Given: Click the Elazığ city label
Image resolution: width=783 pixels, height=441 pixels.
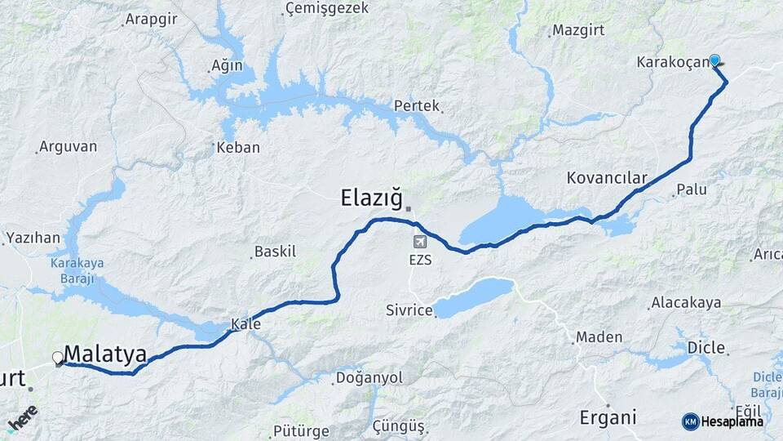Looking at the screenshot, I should point(371,197).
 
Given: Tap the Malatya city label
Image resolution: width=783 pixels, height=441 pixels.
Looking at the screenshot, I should point(105,354).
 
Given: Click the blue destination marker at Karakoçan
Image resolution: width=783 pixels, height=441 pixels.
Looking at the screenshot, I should point(714,60).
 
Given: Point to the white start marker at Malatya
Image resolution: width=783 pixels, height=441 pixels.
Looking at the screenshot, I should point(57,358).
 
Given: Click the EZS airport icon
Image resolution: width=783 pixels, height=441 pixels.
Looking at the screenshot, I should point(419,243).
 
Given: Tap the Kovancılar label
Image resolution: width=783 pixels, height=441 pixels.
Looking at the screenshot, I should point(606,178).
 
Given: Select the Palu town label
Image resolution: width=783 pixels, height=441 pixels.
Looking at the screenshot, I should point(692,190).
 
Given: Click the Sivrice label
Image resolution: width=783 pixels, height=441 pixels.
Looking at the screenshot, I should point(407,310).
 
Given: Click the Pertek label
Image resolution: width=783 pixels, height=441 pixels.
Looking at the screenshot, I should point(417,105).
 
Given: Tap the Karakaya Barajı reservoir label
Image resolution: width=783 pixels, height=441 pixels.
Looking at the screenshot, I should point(72,271).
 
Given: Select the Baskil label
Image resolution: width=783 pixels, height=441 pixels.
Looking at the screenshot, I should point(276,252).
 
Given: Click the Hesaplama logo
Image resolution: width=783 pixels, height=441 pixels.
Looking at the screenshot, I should point(723,421).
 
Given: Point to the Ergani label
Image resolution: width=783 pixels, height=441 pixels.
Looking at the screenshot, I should point(608,417).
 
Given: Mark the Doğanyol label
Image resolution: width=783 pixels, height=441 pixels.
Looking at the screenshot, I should point(370,378).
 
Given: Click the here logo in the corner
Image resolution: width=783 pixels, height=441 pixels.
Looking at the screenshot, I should point(22,418).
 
